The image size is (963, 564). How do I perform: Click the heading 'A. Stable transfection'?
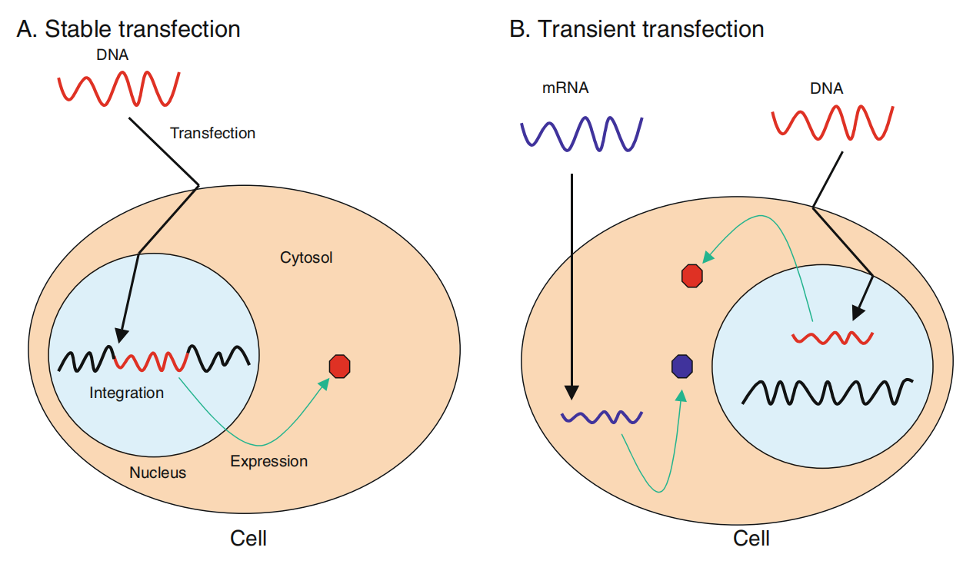click(128, 29)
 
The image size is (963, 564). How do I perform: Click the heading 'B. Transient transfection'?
click(637, 29)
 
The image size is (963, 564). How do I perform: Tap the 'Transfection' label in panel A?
click(212, 133)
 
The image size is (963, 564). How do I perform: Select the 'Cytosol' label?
click(306, 257)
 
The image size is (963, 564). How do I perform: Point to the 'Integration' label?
click(127, 393)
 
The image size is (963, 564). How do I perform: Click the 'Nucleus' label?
click(158, 472)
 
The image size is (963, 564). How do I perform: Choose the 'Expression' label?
click(269, 461)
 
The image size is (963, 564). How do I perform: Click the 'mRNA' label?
click(565, 88)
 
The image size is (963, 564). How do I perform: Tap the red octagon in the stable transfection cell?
click(340, 367)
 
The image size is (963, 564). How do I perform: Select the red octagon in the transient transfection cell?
click(692, 275)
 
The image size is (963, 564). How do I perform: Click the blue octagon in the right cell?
click(682, 367)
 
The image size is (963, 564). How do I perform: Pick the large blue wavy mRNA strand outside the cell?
click(581, 133)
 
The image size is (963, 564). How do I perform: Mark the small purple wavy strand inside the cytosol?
click(601, 418)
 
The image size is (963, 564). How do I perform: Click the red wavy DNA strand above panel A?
click(119, 88)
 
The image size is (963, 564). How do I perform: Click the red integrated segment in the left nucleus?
click(152, 360)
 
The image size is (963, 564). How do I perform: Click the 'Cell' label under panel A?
click(248, 539)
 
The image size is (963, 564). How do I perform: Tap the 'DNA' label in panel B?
click(826, 88)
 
